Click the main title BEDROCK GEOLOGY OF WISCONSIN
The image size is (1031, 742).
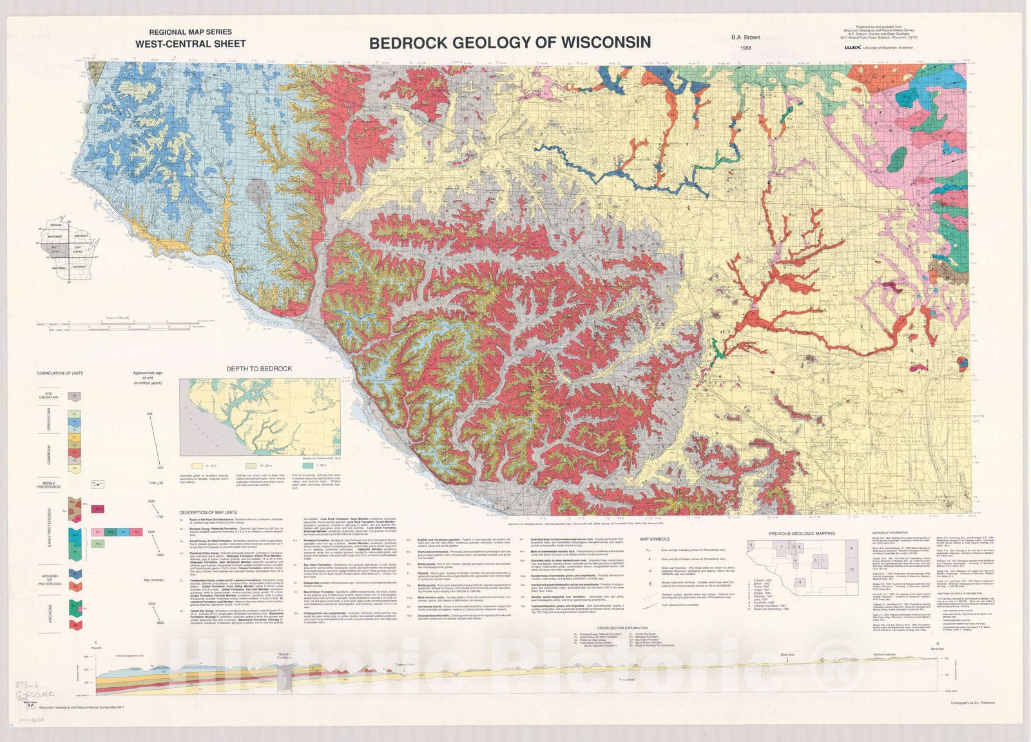click(510, 43)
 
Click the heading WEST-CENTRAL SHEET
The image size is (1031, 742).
click(190, 44)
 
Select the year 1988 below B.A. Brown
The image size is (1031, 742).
click(746, 48)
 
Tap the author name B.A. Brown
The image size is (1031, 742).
click(746, 37)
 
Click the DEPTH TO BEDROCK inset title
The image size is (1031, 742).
click(258, 369)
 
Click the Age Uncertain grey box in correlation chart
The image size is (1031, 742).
click(74, 396)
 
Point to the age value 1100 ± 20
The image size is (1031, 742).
click(156, 483)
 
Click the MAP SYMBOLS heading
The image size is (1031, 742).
click(654, 539)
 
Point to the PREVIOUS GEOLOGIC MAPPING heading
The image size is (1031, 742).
click(802, 533)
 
